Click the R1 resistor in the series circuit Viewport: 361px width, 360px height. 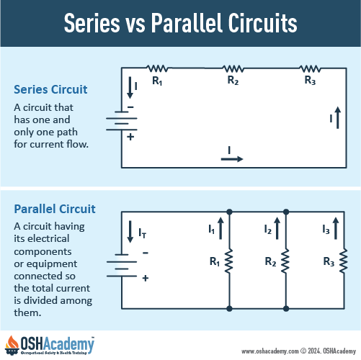pos(157,68)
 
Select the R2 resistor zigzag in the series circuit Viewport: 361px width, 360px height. pos(233,68)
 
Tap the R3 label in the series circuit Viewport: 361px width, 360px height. pos(310,81)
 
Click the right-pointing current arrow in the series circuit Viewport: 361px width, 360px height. pos(232,159)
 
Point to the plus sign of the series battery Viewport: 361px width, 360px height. pos(130,137)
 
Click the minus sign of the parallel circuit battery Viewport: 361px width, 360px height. pos(146,253)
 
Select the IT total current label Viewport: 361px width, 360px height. pos(143,233)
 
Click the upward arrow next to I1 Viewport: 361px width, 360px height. pos(220,228)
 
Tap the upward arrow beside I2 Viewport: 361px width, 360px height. pos(277,228)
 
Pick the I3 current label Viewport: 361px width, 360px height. pos(326,230)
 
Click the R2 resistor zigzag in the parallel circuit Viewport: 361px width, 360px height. pos(286,261)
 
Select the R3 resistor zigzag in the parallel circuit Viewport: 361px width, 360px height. pos(344,261)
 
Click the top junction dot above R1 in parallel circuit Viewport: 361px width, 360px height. pos(229,212)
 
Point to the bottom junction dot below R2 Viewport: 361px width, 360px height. pos(286,308)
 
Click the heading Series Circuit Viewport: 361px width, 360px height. pos(50,89)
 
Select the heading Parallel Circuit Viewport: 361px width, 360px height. pos(55,209)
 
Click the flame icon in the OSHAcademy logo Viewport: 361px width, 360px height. pos(12,343)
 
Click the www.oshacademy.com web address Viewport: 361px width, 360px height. pos(269,351)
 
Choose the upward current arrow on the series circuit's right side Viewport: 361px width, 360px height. pos(338,117)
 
